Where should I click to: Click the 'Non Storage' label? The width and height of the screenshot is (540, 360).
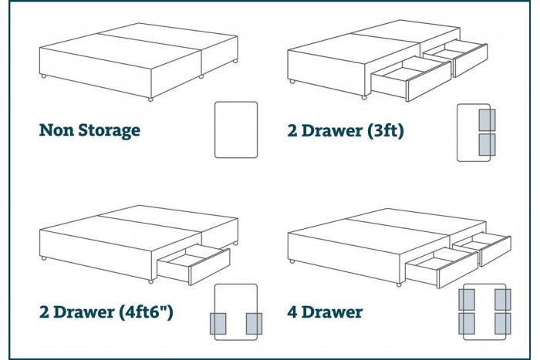tap(89, 130)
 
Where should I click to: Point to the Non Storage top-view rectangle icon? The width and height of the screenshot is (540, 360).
tap(235, 129)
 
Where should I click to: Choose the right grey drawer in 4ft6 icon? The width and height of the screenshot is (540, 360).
tap(255, 325)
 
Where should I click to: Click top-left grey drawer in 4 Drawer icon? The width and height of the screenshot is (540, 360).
tap(468, 298)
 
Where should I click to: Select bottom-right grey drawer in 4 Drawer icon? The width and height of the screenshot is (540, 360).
tap(502, 323)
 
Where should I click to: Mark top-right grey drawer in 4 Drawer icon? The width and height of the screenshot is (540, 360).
tap(502, 298)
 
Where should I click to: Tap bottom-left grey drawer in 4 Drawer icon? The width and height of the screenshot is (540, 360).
tap(468, 323)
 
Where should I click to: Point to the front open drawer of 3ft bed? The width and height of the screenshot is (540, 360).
tap(409, 79)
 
